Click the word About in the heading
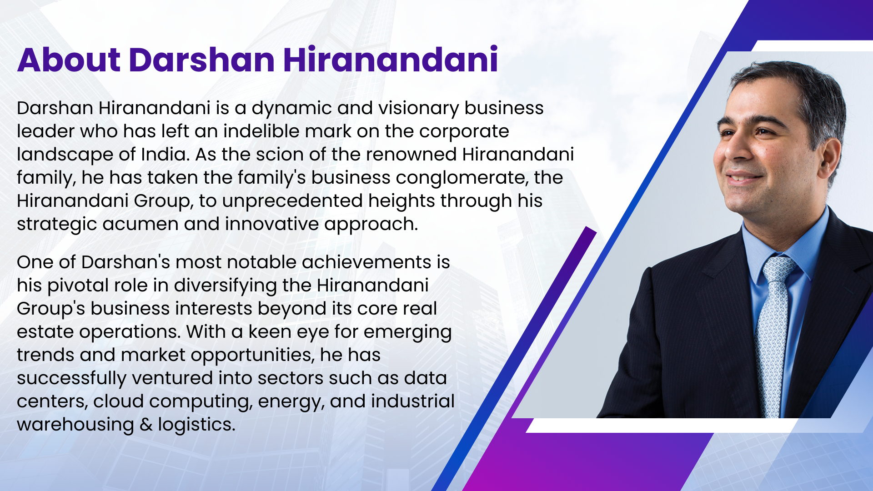click(69, 60)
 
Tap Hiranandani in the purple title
click(391, 60)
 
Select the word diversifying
click(225, 286)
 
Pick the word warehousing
click(75, 425)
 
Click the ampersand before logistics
click(146, 425)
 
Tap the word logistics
click(196, 425)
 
